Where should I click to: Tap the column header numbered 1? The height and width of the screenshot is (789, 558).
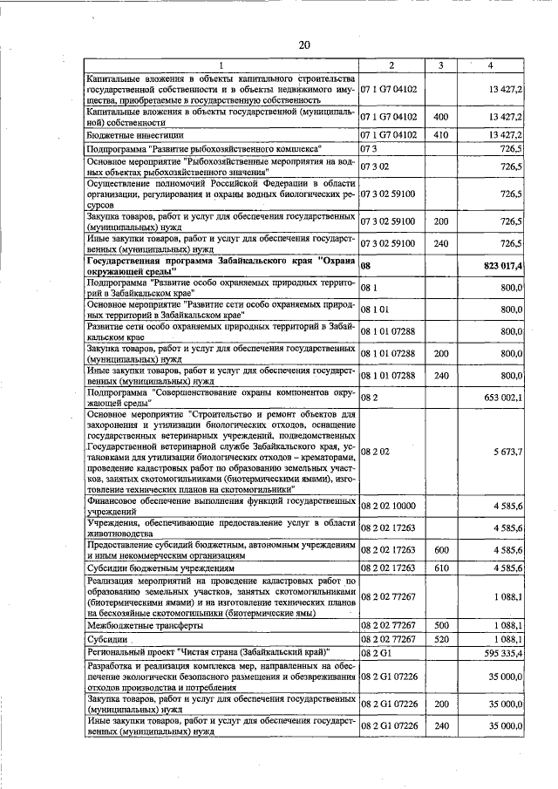point(221,66)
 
